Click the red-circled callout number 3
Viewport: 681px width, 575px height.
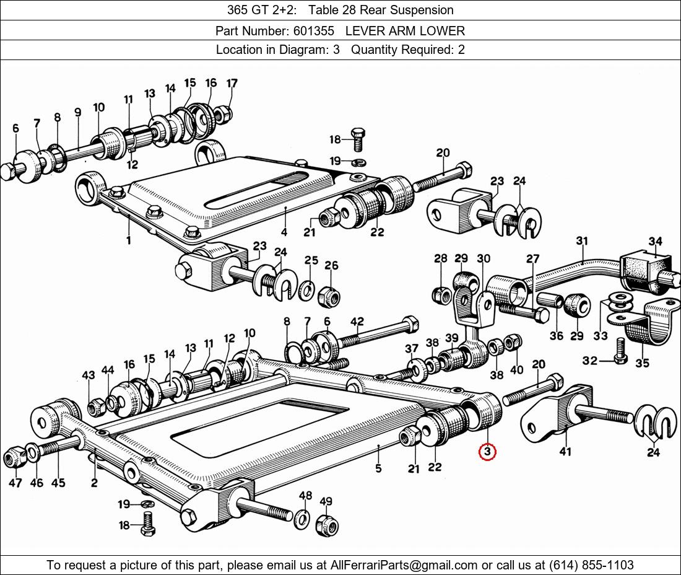tap(487, 452)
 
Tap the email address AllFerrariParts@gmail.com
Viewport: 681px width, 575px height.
tap(404, 565)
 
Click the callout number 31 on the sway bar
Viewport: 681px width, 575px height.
tap(581, 240)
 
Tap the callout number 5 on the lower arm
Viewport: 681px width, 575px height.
tap(378, 468)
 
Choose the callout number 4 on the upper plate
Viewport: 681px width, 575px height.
tap(284, 232)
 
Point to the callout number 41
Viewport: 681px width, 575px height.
tap(565, 452)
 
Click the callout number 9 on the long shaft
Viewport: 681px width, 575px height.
tap(77, 112)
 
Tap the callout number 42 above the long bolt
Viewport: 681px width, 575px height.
tap(357, 321)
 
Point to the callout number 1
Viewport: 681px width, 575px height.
tap(128, 240)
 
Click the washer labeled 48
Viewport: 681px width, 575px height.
tap(303, 518)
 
